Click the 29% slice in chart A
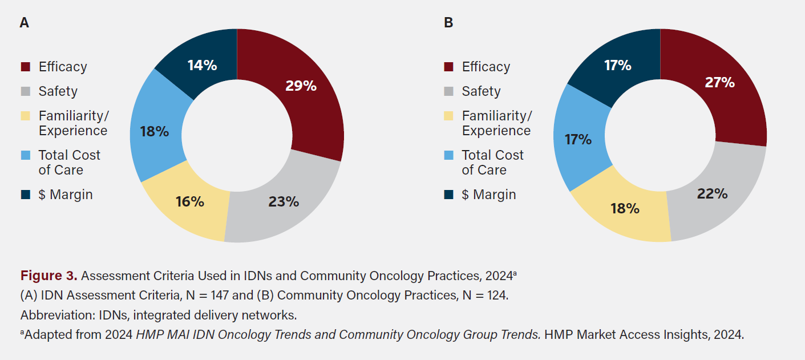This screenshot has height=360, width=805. click(301, 87)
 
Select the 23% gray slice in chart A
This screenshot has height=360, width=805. click(283, 201)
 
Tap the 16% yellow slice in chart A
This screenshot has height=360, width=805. click(189, 201)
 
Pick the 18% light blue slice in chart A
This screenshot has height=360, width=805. click(155, 131)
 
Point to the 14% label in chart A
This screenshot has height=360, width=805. click(202, 66)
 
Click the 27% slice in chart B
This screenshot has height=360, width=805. click(719, 83)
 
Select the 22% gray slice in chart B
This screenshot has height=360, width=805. click(711, 194)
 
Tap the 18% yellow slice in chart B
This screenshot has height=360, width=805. click(625, 208)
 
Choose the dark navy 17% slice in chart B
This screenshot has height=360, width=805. click(617, 66)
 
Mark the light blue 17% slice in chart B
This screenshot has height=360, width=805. click(578, 139)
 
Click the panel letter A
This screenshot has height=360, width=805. click(24, 23)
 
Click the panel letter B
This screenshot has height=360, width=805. click(448, 23)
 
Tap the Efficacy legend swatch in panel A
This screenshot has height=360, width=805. click(25, 67)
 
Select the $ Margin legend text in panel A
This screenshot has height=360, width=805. click(66, 195)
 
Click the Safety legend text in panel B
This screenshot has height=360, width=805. click(481, 91)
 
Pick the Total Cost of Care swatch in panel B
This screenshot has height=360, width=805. click(448, 156)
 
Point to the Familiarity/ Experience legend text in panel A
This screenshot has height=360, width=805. click(73, 123)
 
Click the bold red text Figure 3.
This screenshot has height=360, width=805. click(48, 276)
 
